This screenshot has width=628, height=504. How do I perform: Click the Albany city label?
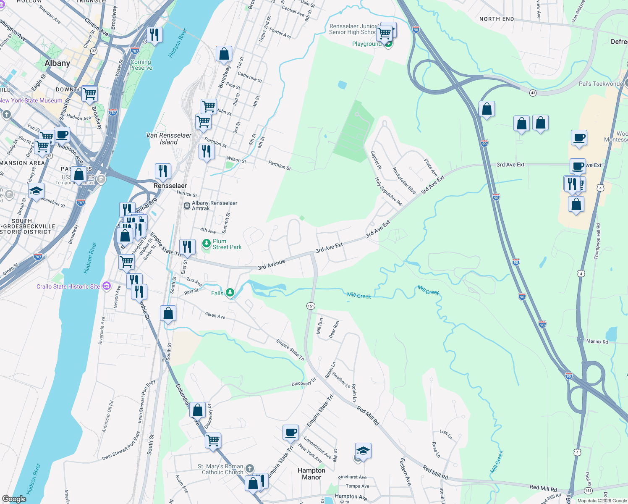(58, 63)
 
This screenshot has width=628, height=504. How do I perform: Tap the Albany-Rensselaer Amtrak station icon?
(187, 206)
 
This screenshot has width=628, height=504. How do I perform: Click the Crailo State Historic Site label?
(68, 286)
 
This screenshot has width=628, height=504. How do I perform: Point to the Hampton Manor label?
(311, 474)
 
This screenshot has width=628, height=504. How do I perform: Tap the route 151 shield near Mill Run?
(311, 306)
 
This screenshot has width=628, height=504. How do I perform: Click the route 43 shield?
(533, 93)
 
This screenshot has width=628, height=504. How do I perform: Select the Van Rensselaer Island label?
(169, 139)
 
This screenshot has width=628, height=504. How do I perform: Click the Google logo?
(14, 499)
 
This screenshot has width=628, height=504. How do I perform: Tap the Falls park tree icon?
(230, 292)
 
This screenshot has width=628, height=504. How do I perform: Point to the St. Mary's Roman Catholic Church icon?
(250, 468)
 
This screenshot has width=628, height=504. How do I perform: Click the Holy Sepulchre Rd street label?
(388, 191)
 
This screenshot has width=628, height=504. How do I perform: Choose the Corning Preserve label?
(141, 65)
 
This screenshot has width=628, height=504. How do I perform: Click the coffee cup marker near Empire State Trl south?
(290, 433)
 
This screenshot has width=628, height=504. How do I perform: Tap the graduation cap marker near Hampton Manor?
(363, 451)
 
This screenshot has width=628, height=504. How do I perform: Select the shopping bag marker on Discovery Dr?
(197, 409)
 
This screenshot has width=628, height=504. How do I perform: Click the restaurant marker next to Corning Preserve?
(155, 35)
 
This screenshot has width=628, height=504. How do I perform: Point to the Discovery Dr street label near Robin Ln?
(304, 383)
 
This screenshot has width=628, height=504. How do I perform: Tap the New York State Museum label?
(31, 101)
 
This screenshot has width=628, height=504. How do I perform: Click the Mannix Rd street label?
(597, 341)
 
